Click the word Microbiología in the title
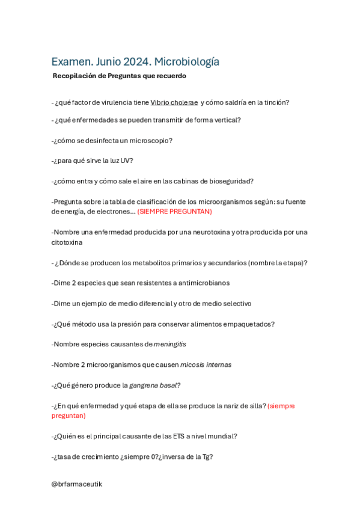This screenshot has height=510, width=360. pos(187,61)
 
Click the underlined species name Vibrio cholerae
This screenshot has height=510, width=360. pos(174,102)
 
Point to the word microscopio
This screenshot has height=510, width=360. pos(151,140)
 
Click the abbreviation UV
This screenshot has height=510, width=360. pos(126,161)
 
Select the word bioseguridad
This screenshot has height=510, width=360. pos(230,181)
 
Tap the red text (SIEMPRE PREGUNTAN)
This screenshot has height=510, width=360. pos(174,212)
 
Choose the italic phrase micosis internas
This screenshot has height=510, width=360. pos(206,364)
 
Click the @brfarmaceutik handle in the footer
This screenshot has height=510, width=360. pos(76,484)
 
